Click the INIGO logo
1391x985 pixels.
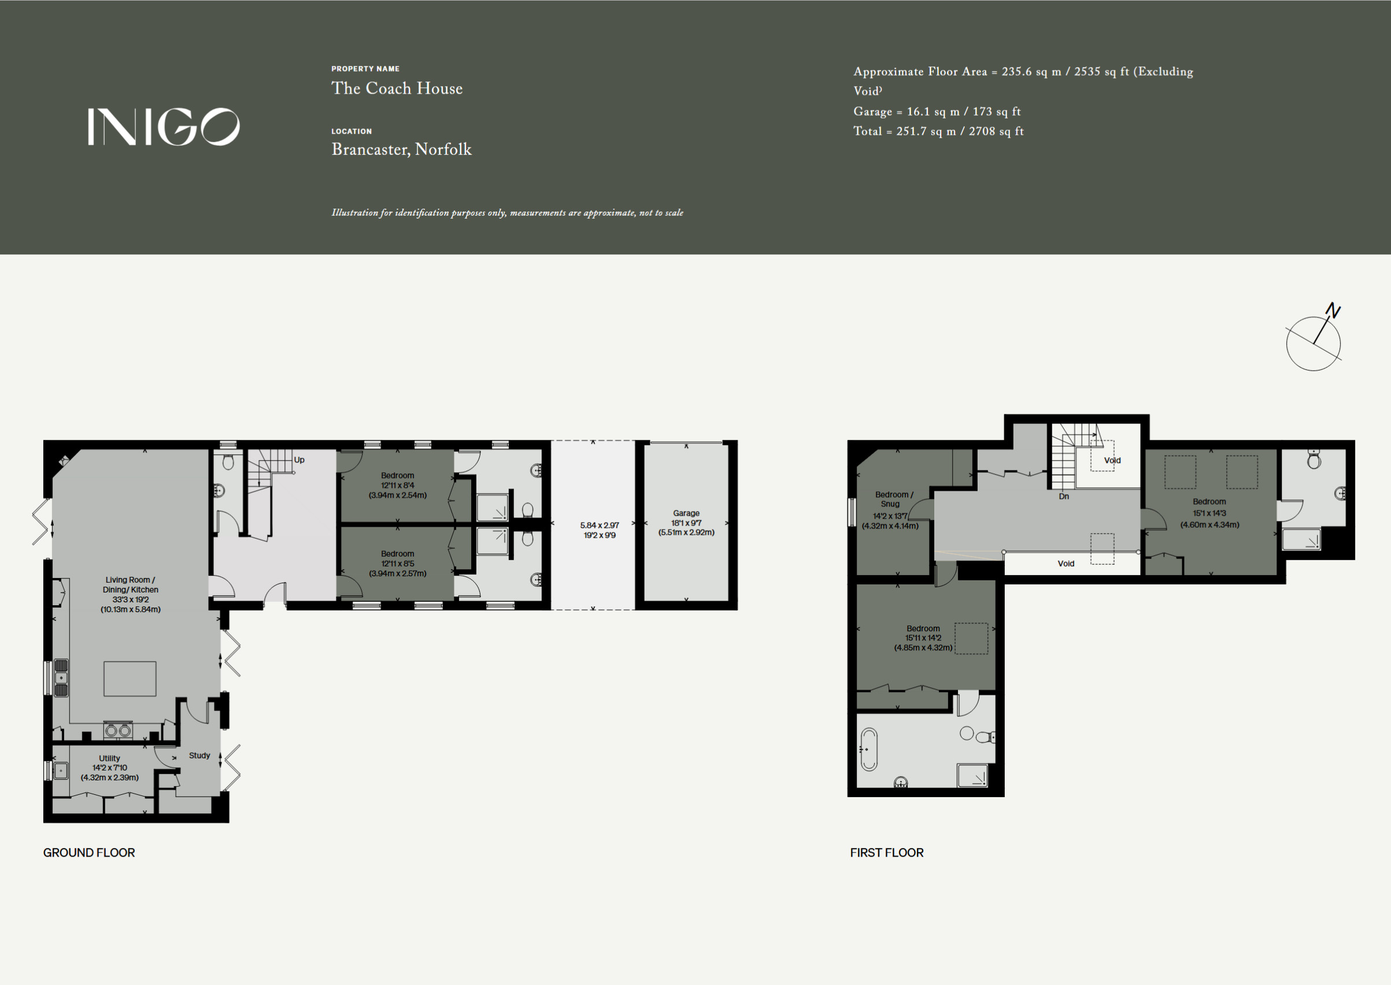[164, 127]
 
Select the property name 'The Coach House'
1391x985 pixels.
[397, 88]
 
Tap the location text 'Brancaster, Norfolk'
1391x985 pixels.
[402, 149]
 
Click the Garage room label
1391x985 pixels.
[686, 513]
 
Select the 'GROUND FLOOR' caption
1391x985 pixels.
[89, 852]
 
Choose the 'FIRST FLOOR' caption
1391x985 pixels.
[887, 852]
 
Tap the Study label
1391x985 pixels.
[199, 756]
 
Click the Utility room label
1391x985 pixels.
[110, 758]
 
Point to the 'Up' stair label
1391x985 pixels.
[299, 460]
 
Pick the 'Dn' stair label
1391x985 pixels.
[1064, 496]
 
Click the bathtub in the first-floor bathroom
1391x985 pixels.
[870, 749]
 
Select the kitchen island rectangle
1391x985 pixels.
[130, 679]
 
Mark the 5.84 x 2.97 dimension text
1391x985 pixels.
[600, 525]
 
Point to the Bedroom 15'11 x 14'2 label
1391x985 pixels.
[923, 638]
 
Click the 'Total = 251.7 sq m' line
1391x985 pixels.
[938, 131]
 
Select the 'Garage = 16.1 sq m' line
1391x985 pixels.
[937, 112]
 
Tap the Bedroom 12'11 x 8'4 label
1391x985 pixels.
[397, 485]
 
